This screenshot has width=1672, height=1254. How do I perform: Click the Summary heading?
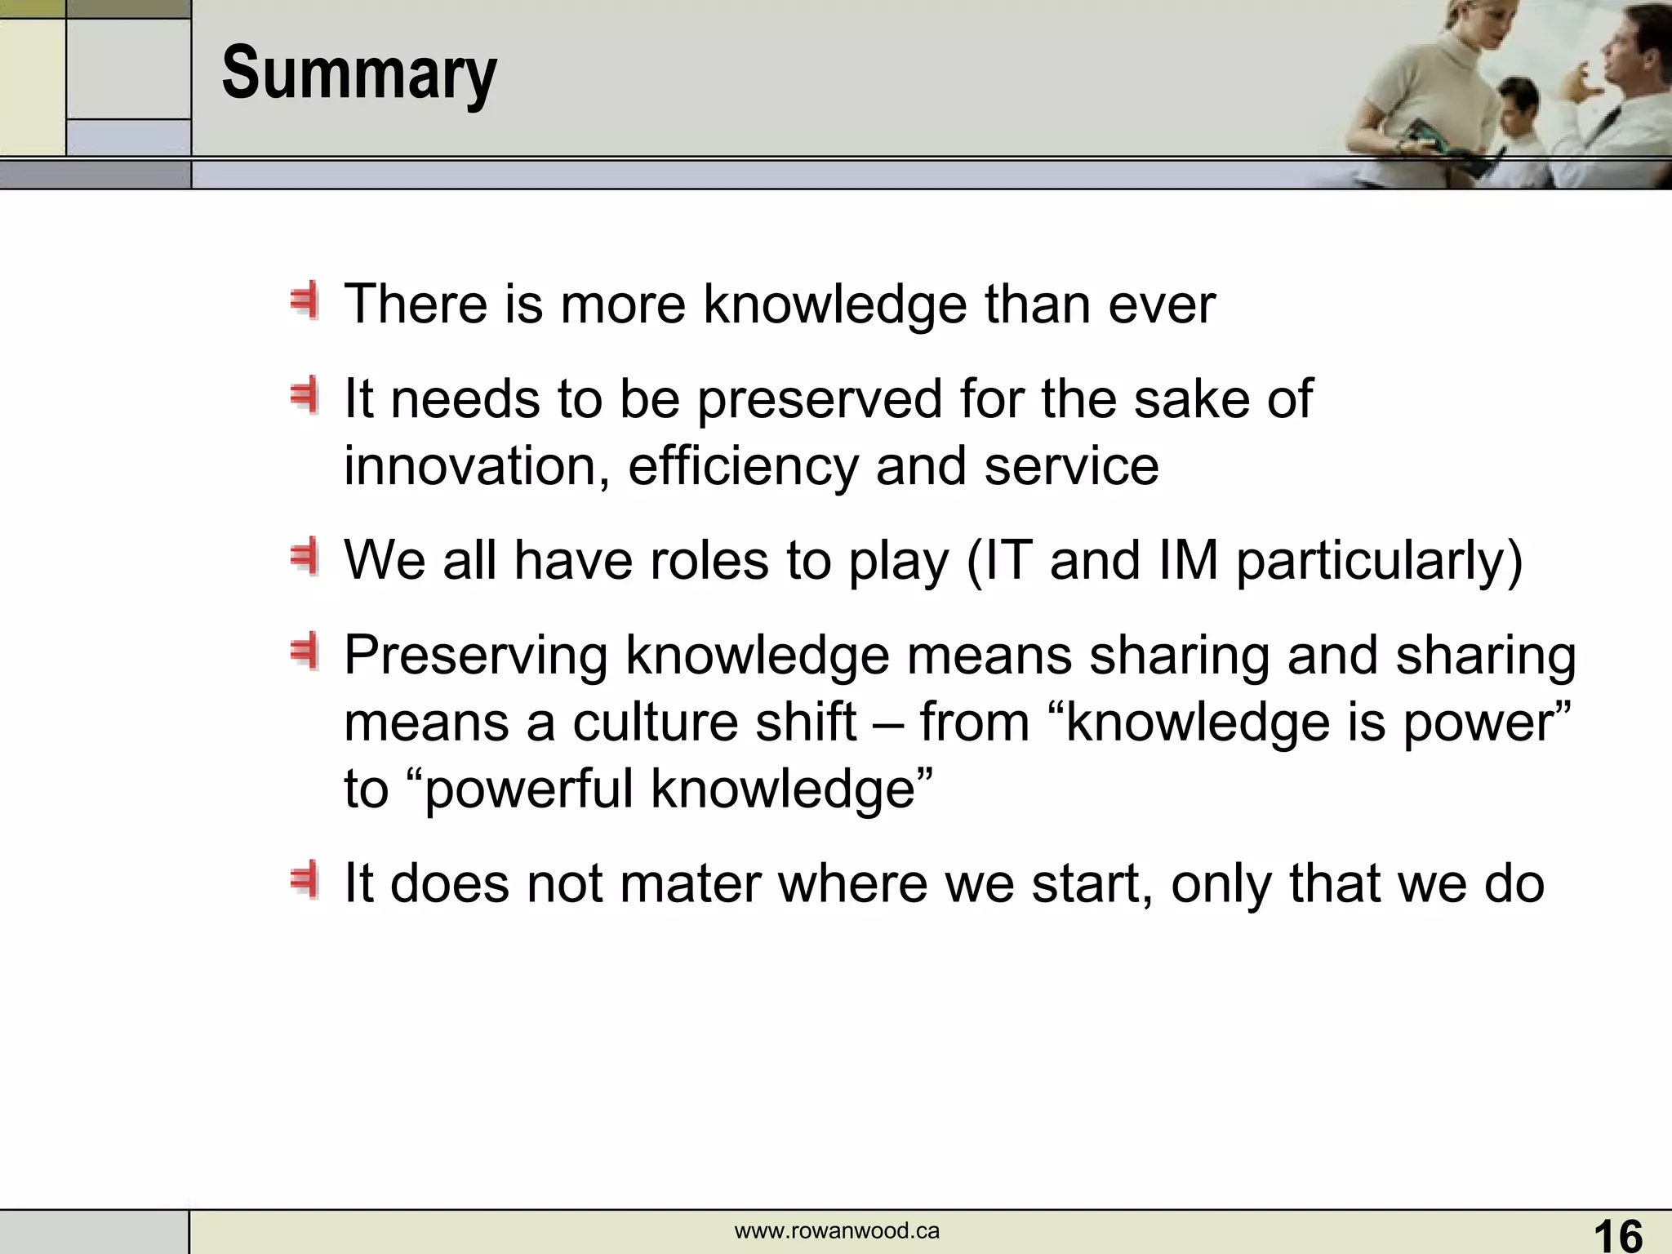click(x=359, y=74)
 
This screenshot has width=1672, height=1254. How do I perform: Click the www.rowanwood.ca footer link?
click(x=837, y=1231)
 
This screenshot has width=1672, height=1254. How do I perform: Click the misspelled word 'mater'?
click(x=691, y=883)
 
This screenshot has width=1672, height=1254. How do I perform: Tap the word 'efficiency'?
click(x=743, y=466)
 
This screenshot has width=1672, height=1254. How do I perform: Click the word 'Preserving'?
click(x=476, y=656)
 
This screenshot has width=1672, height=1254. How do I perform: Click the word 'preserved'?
click(x=820, y=399)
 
